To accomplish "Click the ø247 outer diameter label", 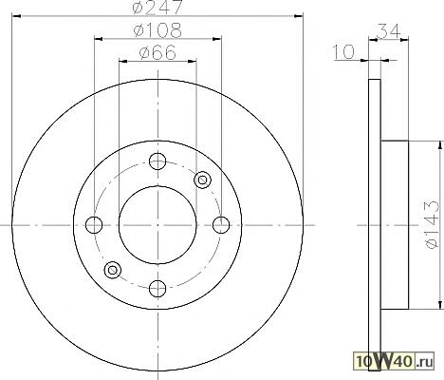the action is point(157,7).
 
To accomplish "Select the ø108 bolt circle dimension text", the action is point(157,30).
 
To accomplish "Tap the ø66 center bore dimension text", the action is point(157,52).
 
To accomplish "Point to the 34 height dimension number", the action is point(388,31).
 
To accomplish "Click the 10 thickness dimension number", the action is point(343,52).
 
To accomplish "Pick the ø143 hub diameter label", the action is point(433,224).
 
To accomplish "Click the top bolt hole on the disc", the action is point(157,161).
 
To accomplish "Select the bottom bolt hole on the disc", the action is point(157,289).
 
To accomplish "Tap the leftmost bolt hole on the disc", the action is point(94,225).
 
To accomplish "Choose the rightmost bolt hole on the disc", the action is point(221,225).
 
